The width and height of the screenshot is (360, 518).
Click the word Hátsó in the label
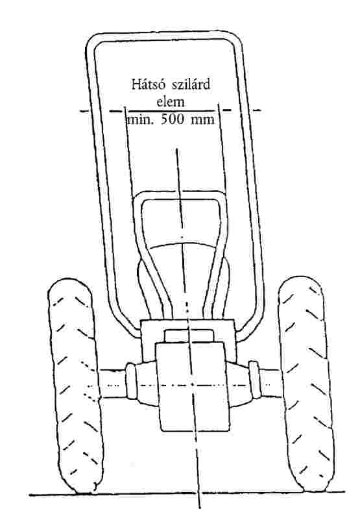tap(149, 84)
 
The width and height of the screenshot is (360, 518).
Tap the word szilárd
tap(191, 84)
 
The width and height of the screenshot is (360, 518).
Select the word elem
tap(171, 101)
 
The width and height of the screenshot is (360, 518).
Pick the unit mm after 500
tap(202, 120)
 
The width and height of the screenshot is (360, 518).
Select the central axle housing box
tap(193, 387)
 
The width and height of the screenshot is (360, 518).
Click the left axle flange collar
tap(130, 381)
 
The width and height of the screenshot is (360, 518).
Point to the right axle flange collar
tap(254, 380)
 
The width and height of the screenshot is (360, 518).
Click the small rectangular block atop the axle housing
tap(189, 336)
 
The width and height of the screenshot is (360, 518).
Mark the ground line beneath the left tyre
tap(63, 495)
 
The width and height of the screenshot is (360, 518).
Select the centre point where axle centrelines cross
tap(193, 384)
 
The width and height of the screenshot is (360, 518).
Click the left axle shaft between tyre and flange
tap(113, 383)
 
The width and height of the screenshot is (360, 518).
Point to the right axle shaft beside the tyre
tap(270, 383)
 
